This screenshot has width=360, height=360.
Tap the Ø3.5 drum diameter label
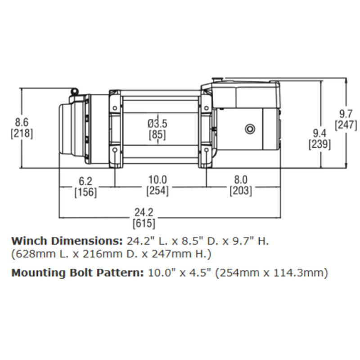pos(157,123)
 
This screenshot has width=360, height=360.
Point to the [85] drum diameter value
pos(157,135)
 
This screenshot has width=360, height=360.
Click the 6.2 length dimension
pos(85,180)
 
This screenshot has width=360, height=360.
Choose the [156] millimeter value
pos(85,192)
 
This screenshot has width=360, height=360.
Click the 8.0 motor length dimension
pos(241,180)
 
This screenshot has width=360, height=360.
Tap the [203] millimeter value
pos(241,192)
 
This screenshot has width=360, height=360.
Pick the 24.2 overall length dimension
pos(144,212)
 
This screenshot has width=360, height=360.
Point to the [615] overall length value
pos(144,223)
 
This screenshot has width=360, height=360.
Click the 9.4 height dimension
pos(320,133)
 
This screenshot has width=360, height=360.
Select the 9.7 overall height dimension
pos(346,113)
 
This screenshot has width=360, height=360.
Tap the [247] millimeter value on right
pos(346,125)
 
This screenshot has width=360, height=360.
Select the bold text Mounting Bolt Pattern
pos(76,273)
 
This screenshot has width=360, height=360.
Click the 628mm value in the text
pos(31,254)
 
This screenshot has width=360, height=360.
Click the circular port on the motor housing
pos(249,129)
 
